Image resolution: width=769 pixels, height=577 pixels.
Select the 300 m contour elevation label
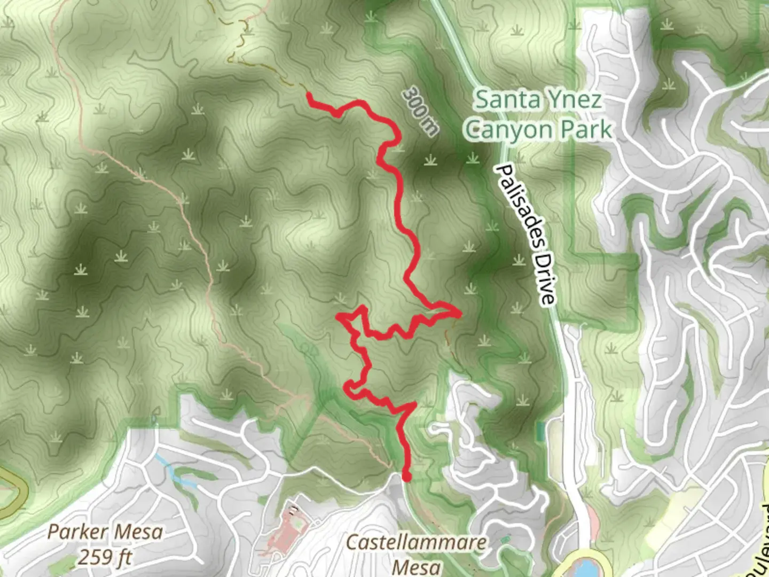pos(420,111)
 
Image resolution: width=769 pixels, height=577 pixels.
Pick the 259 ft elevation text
pos(105,557)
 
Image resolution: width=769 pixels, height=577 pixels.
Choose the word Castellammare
pos(416,543)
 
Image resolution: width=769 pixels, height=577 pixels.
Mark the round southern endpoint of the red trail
pos(406,477)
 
